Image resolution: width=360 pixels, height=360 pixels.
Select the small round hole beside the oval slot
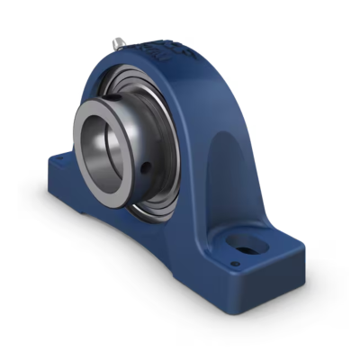click(235, 264)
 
